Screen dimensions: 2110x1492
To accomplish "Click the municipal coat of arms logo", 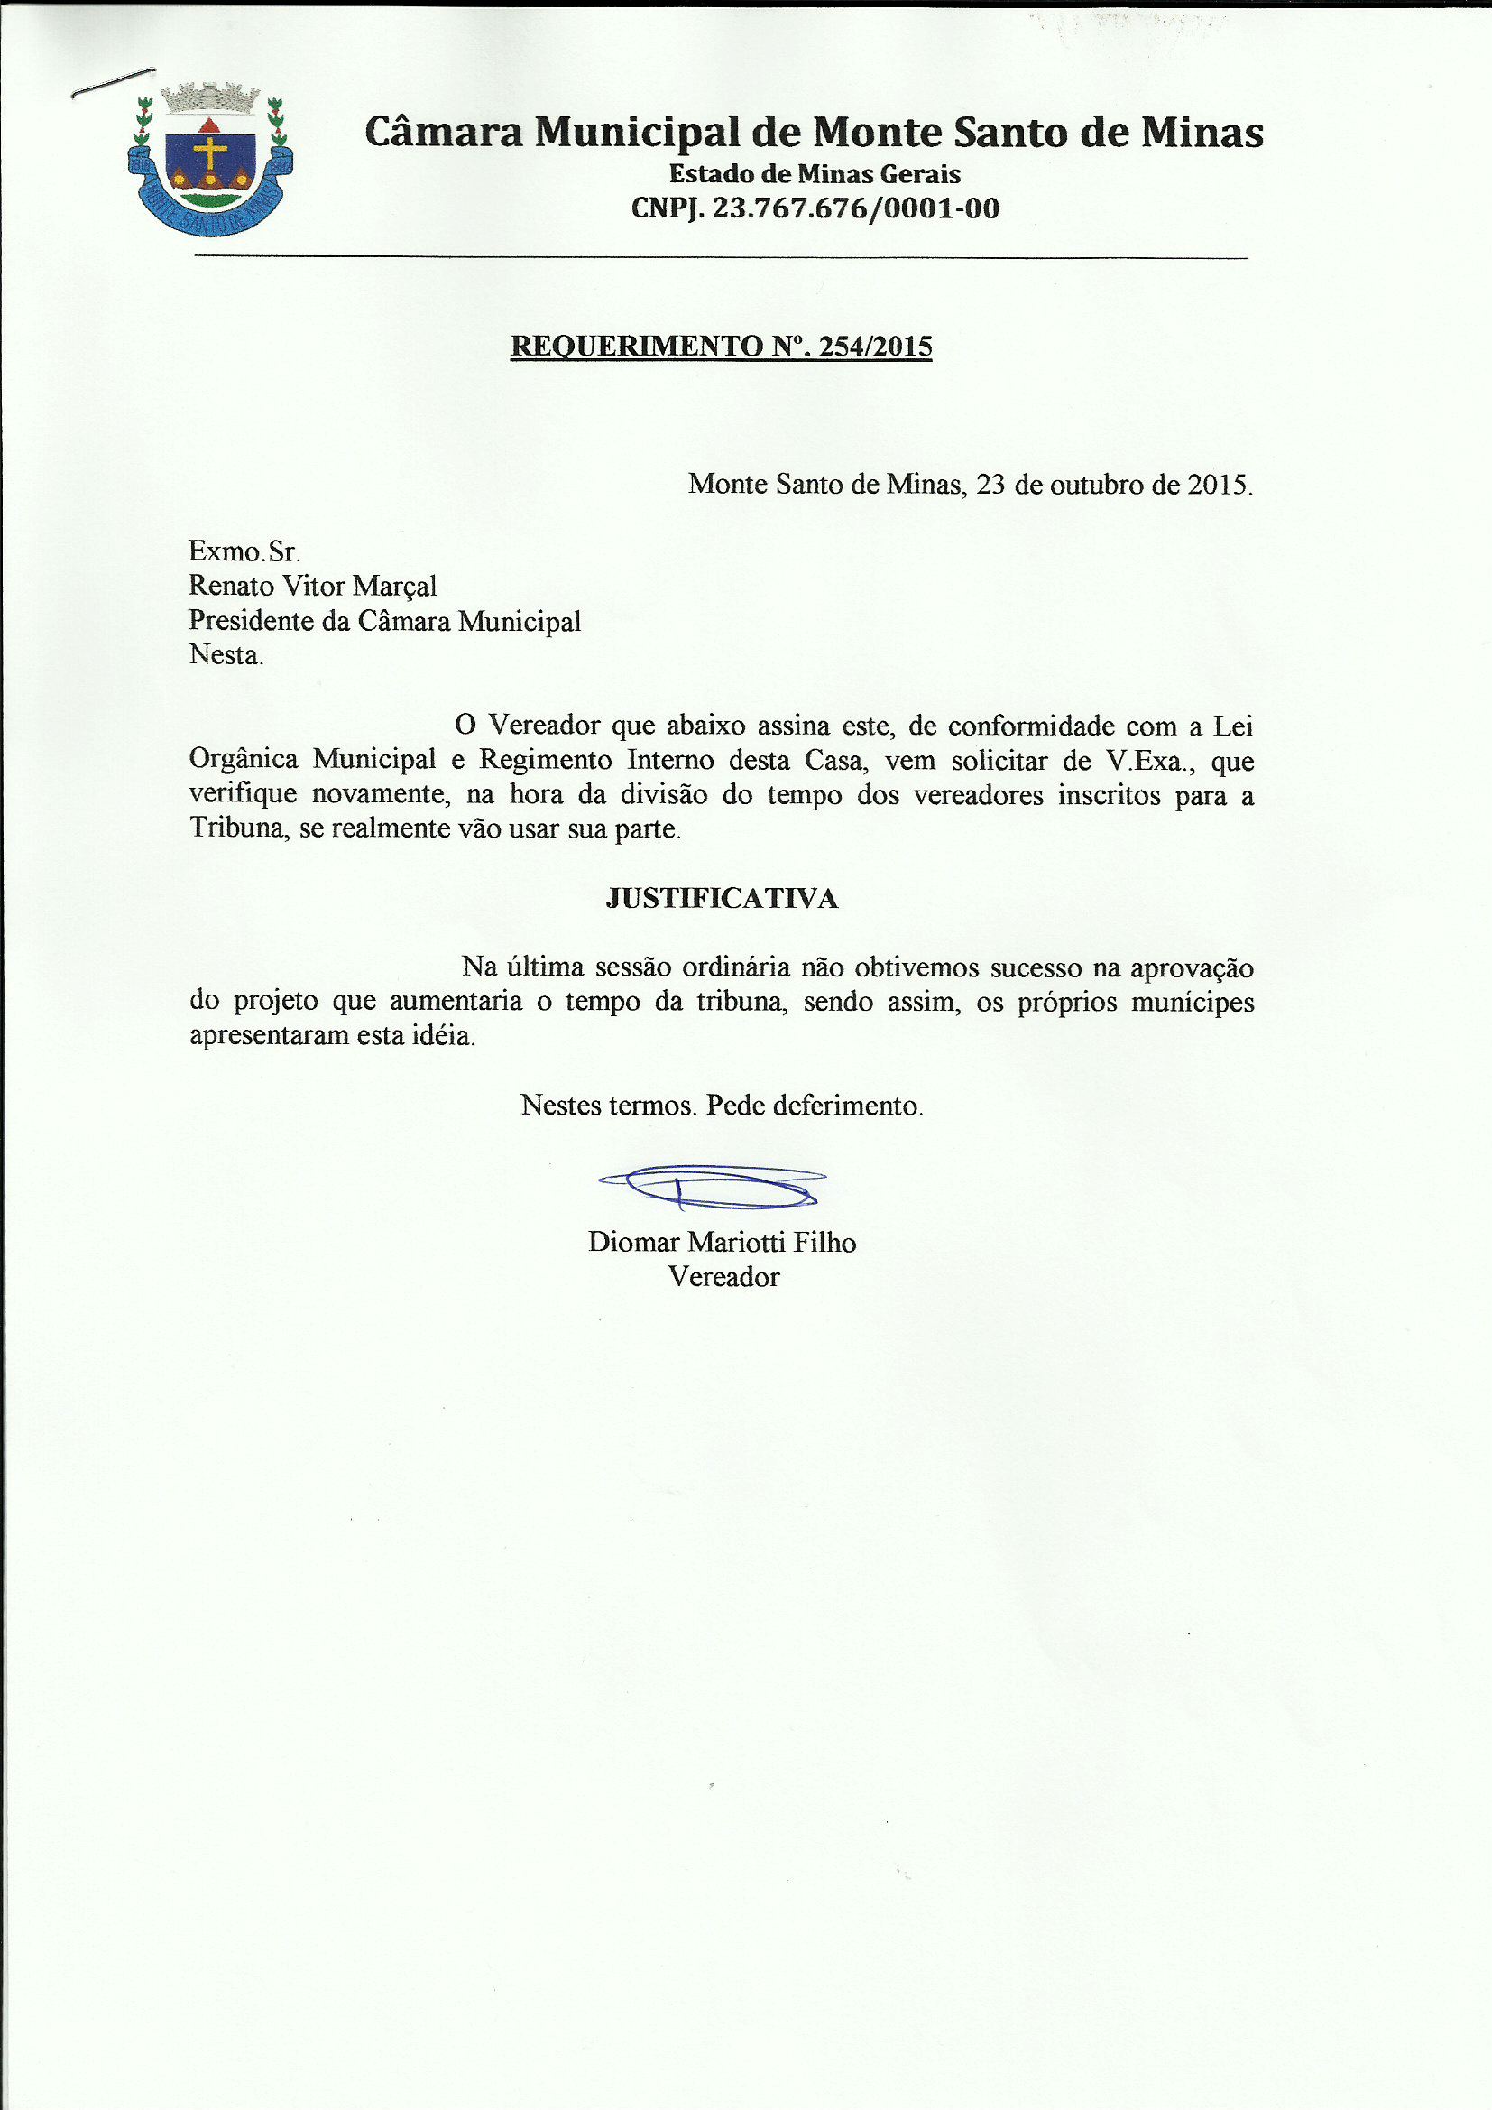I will coord(210,158).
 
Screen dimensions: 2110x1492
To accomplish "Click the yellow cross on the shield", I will coord(210,153).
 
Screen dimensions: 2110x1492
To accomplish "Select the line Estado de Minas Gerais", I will coord(814,173).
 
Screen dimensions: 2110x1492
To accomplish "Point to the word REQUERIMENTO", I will coord(636,347).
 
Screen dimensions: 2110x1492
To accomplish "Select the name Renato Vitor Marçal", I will coord(312,586).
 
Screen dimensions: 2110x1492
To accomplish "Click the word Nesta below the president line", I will coord(226,654).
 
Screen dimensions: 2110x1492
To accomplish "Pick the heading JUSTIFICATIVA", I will coord(722,898).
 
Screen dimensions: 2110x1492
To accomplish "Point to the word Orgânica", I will coord(244,759).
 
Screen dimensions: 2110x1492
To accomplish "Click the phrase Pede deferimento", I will coord(814,1105).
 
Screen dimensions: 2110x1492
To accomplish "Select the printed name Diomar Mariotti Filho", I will coord(722,1243).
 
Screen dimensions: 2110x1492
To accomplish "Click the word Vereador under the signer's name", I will coord(723,1276).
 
